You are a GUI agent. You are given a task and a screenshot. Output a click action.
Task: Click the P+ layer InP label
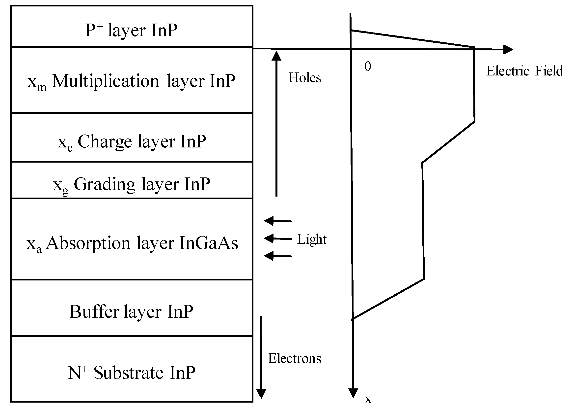pyautogui.click(x=131, y=31)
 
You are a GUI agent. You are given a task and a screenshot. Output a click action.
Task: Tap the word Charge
pyautogui.click(x=105, y=141)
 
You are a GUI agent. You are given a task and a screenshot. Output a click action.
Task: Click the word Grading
pyautogui.click(x=105, y=185)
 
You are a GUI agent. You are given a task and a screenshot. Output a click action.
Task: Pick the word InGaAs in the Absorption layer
pyautogui.click(x=209, y=243)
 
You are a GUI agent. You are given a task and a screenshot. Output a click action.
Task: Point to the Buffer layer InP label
pyautogui.click(x=131, y=311)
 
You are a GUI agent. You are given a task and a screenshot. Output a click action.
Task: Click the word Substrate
pyautogui.click(x=128, y=373)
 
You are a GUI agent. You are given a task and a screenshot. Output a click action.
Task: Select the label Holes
pyautogui.click(x=304, y=78)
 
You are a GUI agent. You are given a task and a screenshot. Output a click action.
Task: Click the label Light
pyautogui.click(x=312, y=239)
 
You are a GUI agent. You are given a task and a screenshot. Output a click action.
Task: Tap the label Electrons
pyautogui.click(x=294, y=358)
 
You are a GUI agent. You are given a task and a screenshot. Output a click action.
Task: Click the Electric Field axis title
pyautogui.click(x=524, y=71)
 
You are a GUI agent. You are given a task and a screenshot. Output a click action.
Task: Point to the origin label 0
pyautogui.click(x=368, y=67)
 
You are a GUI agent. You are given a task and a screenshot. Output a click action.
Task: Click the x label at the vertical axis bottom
pyautogui.click(x=368, y=399)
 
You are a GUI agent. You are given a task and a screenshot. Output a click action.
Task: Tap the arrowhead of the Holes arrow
pyautogui.click(x=276, y=56)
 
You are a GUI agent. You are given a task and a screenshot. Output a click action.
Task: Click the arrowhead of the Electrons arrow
pyautogui.click(x=261, y=394)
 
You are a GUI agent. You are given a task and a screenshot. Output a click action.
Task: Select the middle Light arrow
pyautogui.click(x=277, y=238)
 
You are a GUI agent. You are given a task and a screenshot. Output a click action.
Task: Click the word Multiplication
pyautogui.click(x=106, y=81)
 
